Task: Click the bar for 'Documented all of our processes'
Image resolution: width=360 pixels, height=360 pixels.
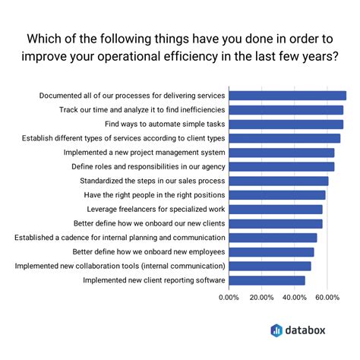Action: (x=287, y=96)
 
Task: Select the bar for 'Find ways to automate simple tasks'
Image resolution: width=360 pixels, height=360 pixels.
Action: (x=286, y=124)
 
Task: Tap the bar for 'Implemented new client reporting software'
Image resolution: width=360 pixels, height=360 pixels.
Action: (x=267, y=280)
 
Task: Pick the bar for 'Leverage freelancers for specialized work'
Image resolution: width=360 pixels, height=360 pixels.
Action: (x=275, y=209)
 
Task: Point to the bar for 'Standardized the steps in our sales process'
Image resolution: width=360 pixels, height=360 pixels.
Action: (x=278, y=181)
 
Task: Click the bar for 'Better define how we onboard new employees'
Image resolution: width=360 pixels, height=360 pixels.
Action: (x=271, y=252)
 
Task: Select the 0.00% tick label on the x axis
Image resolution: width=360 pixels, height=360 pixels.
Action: (x=229, y=298)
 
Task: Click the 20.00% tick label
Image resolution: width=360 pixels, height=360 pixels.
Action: (x=261, y=298)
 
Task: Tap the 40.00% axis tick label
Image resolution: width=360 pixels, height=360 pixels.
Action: (x=295, y=298)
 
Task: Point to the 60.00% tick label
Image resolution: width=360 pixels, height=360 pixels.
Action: (x=327, y=298)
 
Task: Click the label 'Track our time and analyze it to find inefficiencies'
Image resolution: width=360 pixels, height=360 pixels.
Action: (x=142, y=110)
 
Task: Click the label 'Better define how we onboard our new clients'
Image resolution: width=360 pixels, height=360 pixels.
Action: (x=149, y=223)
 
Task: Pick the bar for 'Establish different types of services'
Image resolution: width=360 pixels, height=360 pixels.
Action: (x=284, y=138)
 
